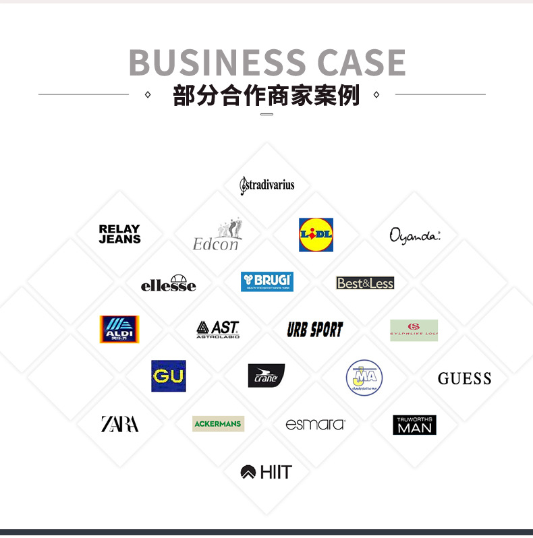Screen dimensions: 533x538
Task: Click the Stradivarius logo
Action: click(x=267, y=185)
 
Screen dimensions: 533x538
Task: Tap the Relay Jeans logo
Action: click(x=119, y=234)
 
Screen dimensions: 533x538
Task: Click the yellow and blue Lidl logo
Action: click(x=316, y=235)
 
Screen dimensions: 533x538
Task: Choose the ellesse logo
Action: click(x=169, y=283)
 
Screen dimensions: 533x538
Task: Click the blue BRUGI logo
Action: click(x=267, y=281)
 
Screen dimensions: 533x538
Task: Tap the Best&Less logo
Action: click(x=365, y=283)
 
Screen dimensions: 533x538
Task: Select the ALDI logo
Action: click(x=119, y=330)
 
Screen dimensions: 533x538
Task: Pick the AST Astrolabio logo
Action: click(x=218, y=329)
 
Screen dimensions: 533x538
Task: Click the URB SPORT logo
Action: click(x=315, y=330)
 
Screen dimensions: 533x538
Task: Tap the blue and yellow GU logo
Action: click(x=169, y=376)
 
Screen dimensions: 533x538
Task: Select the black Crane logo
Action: click(x=266, y=376)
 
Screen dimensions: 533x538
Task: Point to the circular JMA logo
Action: click(x=364, y=378)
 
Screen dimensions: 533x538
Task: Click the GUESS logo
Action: click(x=464, y=378)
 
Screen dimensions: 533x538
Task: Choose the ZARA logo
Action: click(x=119, y=424)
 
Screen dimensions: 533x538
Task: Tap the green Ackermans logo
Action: click(x=218, y=423)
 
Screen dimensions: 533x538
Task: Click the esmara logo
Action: click(x=315, y=424)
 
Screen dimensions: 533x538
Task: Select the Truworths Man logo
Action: click(x=414, y=425)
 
